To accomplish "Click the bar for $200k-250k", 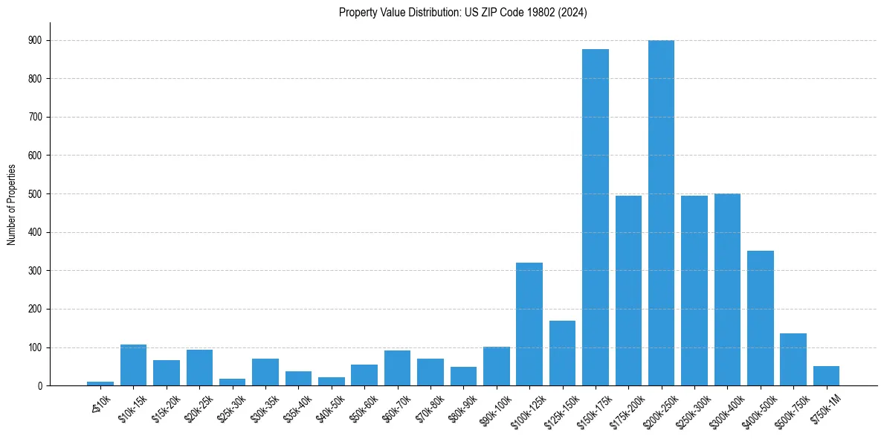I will click(x=661, y=213).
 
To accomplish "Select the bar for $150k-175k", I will click(x=595, y=217).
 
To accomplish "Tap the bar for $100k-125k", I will click(x=529, y=324).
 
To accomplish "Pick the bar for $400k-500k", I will click(x=760, y=318).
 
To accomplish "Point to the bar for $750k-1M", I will click(x=826, y=376).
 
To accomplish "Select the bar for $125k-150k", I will click(x=562, y=353).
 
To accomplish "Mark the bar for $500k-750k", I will click(x=793, y=359).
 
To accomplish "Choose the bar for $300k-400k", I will click(x=727, y=289).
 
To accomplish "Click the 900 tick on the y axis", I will click(x=36, y=40).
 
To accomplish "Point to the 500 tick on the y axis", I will click(x=36, y=194).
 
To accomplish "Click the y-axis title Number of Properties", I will click(x=11, y=204).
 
